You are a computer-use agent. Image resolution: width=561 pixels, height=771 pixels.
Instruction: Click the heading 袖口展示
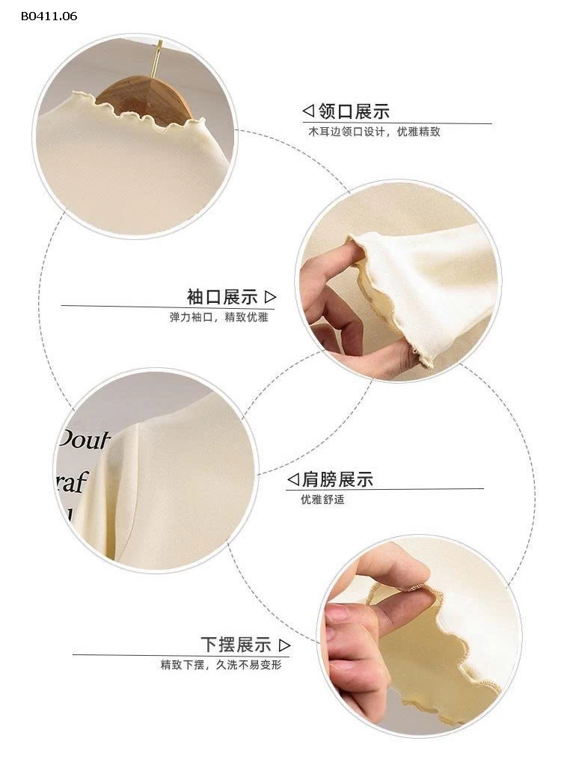coord(221,297)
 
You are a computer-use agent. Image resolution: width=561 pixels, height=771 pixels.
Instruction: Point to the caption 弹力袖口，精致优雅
coord(218,316)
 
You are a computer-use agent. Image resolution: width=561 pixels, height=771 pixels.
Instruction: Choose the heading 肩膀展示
coord(337,479)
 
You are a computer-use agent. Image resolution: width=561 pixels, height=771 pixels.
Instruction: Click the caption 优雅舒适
coord(322,499)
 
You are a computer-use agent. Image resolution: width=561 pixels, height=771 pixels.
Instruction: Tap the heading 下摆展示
coord(236,644)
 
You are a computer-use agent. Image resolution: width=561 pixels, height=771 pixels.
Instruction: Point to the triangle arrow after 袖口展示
coord(271,297)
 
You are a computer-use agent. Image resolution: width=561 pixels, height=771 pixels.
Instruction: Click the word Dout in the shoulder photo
coord(88,440)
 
